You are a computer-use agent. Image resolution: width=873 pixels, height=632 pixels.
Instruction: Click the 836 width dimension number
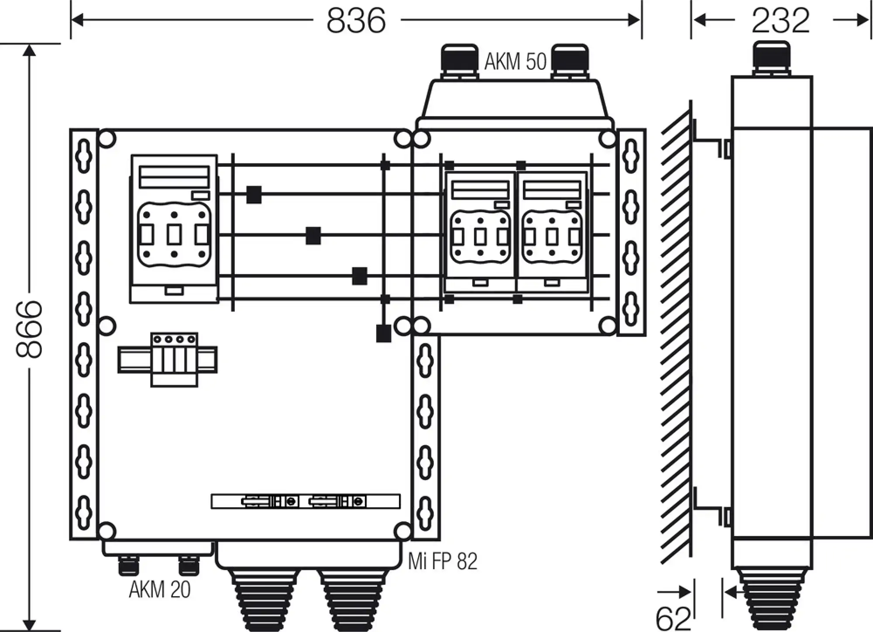pyautogui.click(x=356, y=21)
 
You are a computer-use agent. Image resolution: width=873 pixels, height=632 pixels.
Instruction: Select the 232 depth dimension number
pyautogui.click(x=780, y=21)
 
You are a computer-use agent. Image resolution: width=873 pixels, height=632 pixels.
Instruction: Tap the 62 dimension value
pyautogui.click(x=673, y=618)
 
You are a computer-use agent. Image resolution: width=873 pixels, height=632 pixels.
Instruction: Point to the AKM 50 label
pyautogui.click(x=515, y=62)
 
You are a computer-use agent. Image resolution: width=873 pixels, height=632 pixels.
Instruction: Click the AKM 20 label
pyautogui.click(x=160, y=590)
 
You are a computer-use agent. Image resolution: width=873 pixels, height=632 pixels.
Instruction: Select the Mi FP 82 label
pyautogui.click(x=443, y=561)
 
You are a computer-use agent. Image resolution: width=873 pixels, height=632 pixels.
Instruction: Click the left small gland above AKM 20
pyautogui.click(x=127, y=566)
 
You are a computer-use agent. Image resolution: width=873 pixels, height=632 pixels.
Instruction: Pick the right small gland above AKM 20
pyautogui.click(x=189, y=566)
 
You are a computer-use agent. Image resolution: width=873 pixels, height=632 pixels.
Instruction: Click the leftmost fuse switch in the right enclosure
pyautogui.click(x=480, y=231)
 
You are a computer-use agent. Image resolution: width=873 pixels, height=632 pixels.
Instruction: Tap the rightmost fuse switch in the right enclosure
pyautogui.click(x=552, y=231)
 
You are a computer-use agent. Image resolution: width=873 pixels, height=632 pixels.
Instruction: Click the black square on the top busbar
pyautogui.click(x=254, y=195)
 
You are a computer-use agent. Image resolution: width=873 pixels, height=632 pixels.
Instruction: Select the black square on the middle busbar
pyautogui.click(x=313, y=236)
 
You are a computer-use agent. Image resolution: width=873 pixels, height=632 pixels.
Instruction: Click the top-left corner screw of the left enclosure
pyautogui.click(x=107, y=139)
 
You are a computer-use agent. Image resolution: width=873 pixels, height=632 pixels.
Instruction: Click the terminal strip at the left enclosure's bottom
pyautogui.click(x=306, y=501)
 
